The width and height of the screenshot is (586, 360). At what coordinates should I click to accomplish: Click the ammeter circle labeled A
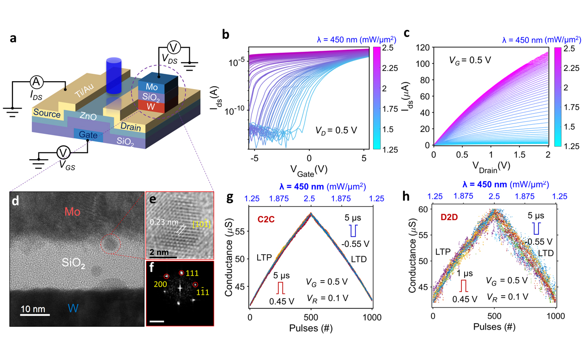(x=36, y=82)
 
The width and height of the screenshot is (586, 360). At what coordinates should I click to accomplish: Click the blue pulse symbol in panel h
(x=536, y=228)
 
